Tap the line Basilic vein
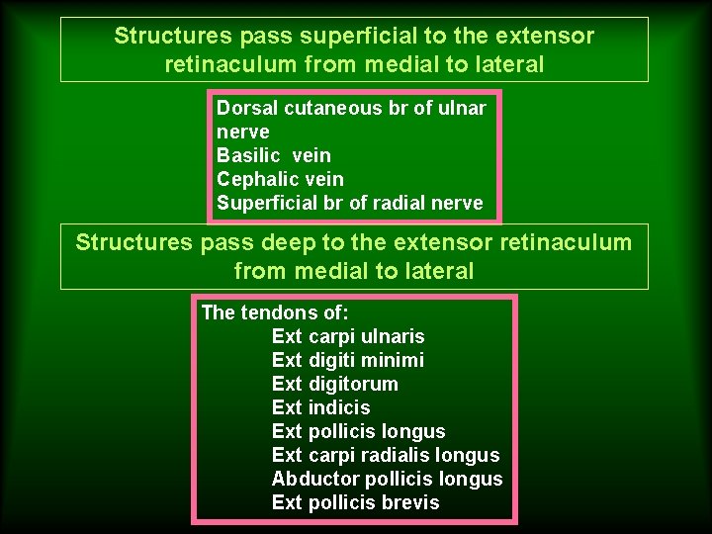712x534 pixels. [274, 155]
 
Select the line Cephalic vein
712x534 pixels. [280, 179]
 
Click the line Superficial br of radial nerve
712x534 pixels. [350, 204]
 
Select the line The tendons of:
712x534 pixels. [268, 312]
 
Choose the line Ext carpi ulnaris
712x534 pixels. [347, 336]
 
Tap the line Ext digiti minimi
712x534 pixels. [347, 360]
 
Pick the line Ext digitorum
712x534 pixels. [334, 384]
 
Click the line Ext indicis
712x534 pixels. [320, 407]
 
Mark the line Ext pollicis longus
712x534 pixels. [358, 431]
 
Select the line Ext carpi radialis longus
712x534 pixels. [386, 455]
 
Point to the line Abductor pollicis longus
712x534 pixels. [387, 479]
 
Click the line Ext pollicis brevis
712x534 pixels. [355, 502]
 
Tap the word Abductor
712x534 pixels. [315, 479]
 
